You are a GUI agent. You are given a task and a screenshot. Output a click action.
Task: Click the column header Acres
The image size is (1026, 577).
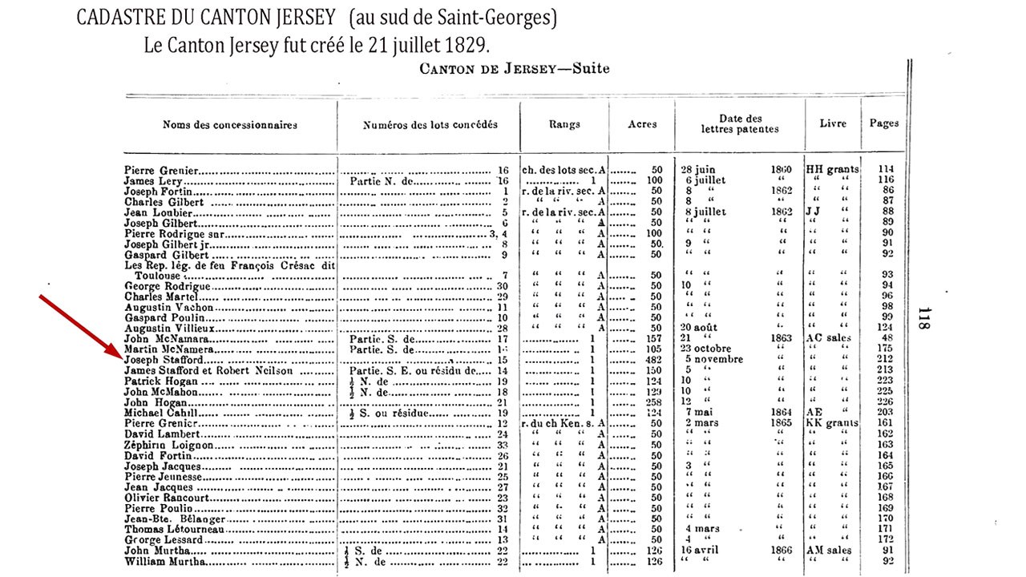pos(642,124)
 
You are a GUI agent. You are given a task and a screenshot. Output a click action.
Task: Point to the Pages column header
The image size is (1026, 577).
pos(884,123)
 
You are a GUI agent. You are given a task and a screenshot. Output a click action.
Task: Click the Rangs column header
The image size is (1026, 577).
pos(564,124)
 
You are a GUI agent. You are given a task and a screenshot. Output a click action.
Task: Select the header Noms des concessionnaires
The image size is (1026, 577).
pos(230,124)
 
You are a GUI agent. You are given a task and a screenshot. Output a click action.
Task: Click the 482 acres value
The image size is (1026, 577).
pos(653,361)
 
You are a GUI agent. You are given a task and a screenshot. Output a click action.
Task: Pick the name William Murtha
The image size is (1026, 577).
pos(161,561)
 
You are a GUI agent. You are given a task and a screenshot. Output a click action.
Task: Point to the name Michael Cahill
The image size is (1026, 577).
pos(158,413)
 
